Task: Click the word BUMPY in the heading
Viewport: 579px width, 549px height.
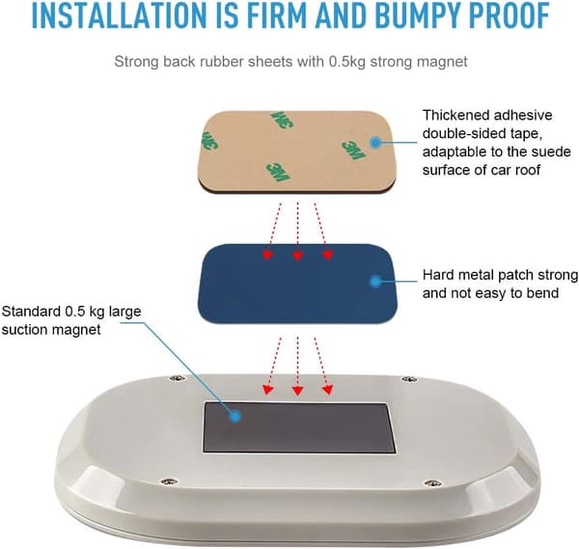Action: coord(411,15)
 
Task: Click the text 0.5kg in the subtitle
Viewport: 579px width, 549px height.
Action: coord(346,62)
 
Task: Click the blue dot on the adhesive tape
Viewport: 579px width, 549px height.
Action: coord(375,142)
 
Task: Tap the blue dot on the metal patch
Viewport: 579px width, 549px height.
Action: coord(375,282)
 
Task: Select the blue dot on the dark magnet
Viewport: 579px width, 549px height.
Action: coord(234,417)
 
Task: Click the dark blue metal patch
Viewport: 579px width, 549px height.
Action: coord(297,283)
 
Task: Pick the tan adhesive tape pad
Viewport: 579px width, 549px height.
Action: coord(297,151)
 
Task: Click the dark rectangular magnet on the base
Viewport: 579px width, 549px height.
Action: coord(299,427)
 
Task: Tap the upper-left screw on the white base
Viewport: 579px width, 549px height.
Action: coord(178,377)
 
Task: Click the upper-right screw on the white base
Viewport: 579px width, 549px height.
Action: coord(409,379)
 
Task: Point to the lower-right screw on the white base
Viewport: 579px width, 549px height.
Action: coord(432,483)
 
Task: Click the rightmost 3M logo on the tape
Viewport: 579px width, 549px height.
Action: coord(353,150)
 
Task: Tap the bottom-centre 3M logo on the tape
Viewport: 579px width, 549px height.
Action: coord(278,172)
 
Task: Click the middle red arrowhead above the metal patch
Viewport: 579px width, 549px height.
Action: coord(297,256)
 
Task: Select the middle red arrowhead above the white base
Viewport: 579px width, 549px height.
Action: coord(297,391)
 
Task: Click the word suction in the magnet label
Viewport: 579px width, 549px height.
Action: coord(24,330)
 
